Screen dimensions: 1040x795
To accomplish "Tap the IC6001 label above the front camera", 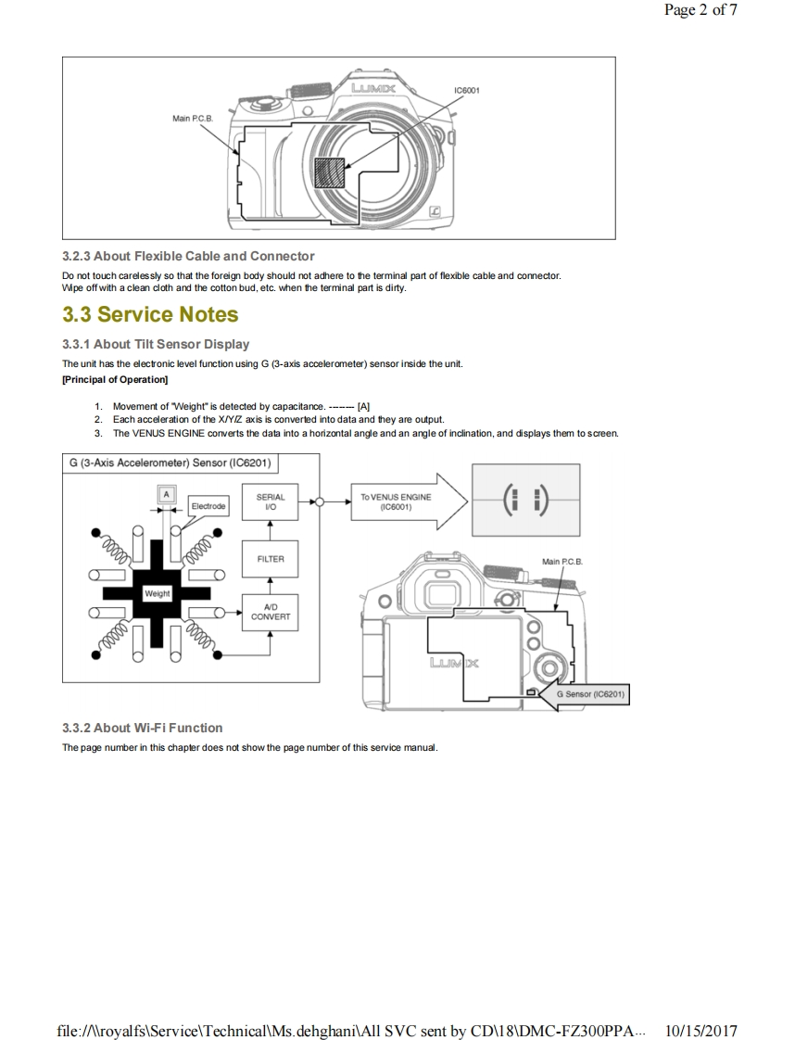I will click(465, 90).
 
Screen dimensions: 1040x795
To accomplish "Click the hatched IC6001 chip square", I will click(329, 173).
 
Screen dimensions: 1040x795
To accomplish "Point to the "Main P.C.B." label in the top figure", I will click(193, 119).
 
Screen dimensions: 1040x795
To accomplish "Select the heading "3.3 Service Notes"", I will click(150, 314).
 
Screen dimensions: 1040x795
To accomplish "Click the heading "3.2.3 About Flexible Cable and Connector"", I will click(188, 256).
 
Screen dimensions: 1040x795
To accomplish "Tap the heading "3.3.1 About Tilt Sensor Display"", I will click(156, 344).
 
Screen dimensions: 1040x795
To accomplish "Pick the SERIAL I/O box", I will click(270, 502).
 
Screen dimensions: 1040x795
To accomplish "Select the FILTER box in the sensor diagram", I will click(270, 559).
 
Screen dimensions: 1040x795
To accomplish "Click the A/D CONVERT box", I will click(270, 611).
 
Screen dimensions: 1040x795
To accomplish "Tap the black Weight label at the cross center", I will click(158, 592).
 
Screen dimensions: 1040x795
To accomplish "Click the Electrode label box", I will click(208, 506).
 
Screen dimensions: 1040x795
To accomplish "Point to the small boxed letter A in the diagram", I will click(167, 495).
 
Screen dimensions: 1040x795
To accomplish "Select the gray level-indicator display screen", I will click(525, 501).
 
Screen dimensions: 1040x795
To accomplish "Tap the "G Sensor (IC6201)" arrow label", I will click(587, 693).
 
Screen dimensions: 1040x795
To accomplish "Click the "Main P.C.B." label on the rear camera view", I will click(562, 562).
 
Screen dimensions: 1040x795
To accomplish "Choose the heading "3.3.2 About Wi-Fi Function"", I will click(142, 728).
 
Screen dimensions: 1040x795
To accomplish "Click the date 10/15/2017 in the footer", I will click(701, 1031).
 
